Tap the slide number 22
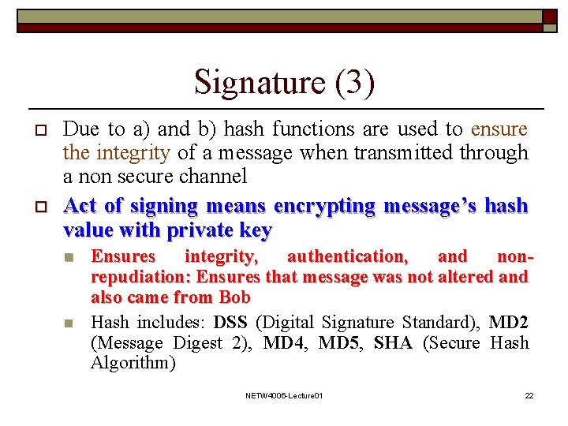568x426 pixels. [x=529, y=395]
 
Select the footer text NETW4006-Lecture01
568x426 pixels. [x=284, y=395]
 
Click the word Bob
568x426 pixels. [x=234, y=297]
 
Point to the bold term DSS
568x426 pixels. [x=230, y=322]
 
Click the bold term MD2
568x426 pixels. [x=509, y=322]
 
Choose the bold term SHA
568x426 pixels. [x=392, y=342]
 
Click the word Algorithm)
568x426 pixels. [x=133, y=363]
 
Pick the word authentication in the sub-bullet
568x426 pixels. [x=347, y=256]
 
